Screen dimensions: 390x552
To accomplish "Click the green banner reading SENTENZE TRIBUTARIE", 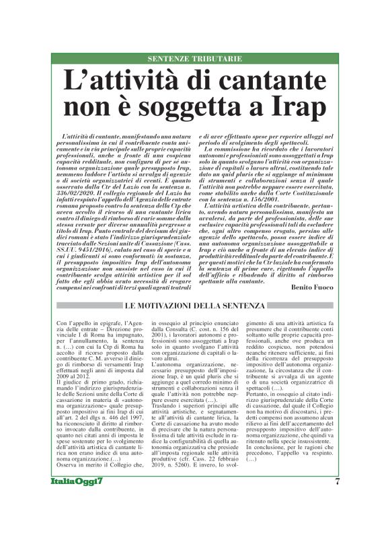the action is coord(194,59).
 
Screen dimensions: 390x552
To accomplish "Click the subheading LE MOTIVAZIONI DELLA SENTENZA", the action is coord(194,307).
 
